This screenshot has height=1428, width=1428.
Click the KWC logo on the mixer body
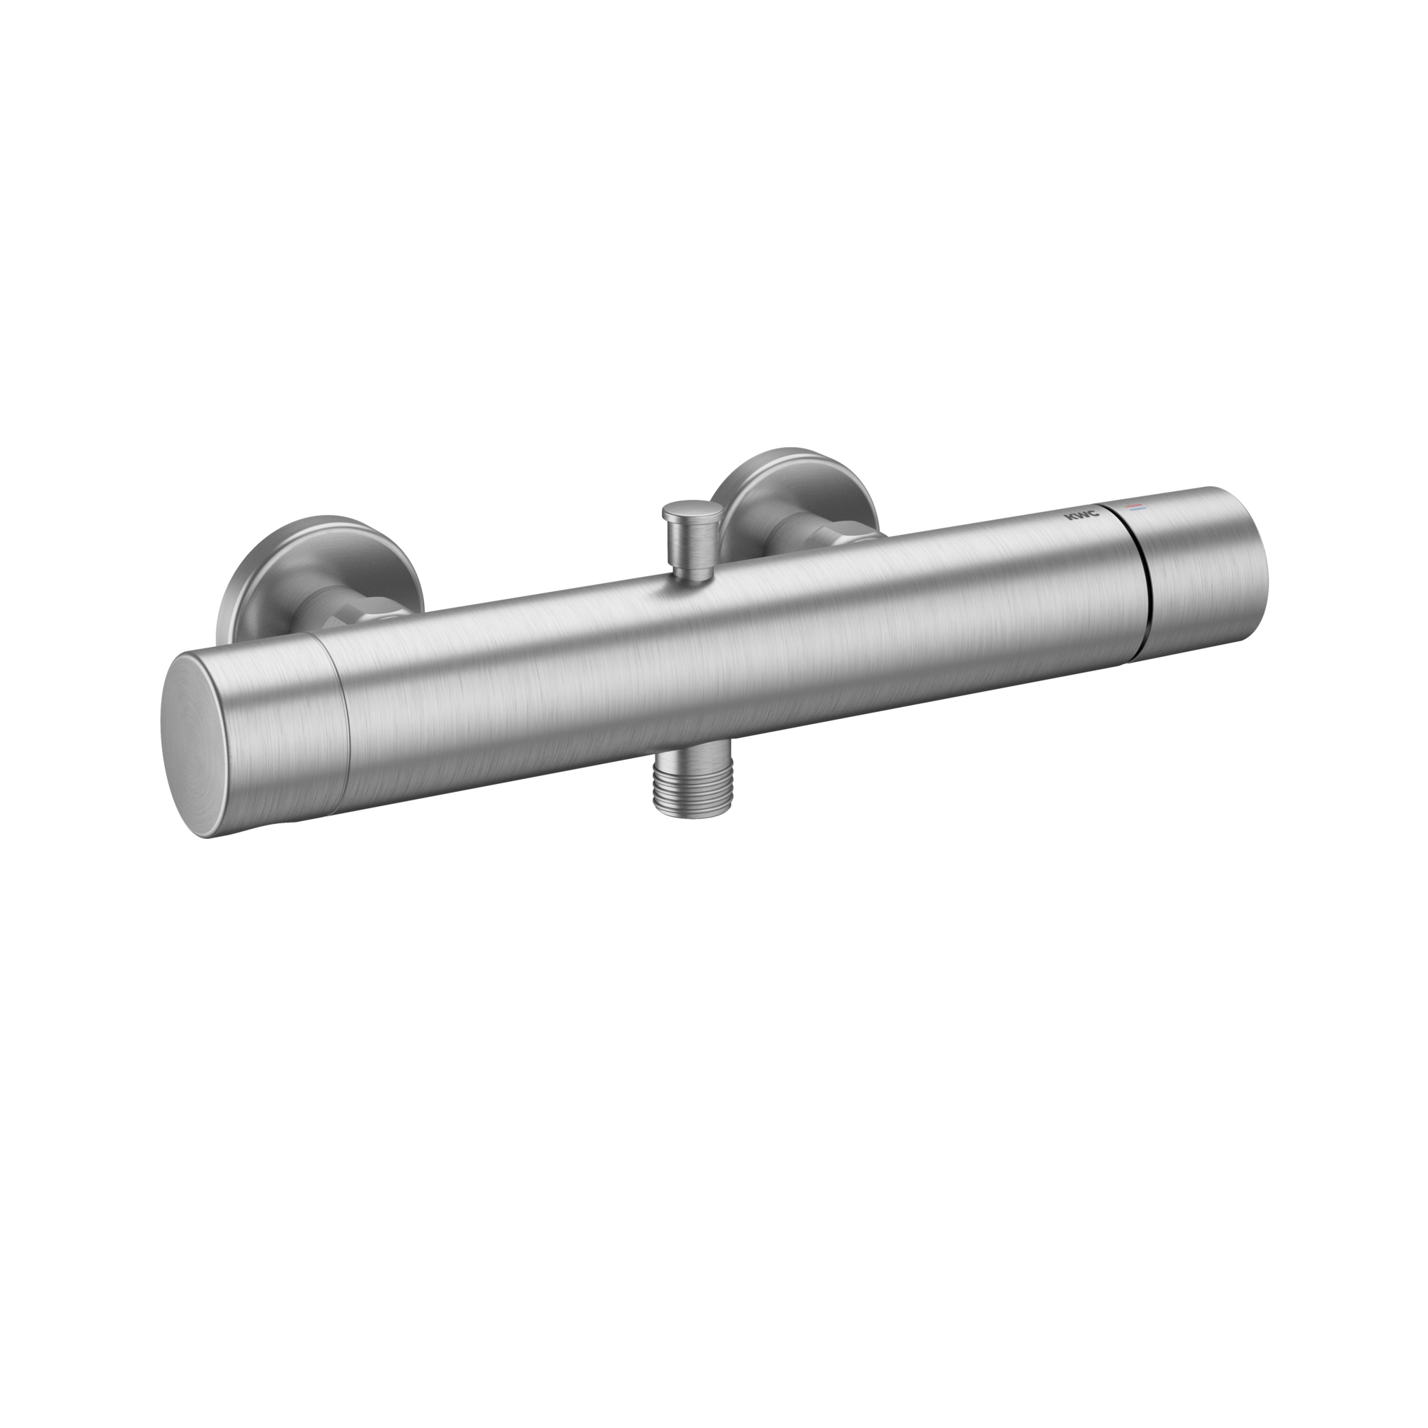(x=1081, y=516)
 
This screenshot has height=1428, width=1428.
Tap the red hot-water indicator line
(x=1134, y=504)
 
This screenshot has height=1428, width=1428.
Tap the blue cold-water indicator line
(x=1135, y=510)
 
